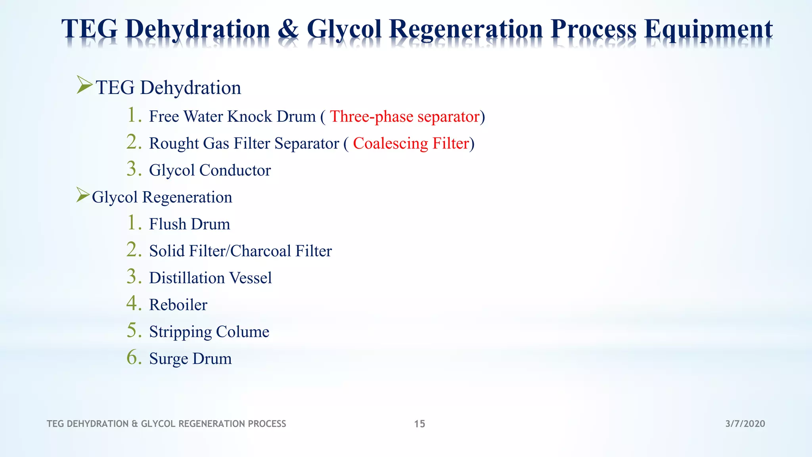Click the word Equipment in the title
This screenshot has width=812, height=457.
point(708,29)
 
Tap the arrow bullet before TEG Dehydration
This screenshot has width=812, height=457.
point(84,85)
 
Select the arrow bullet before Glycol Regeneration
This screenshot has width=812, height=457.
point(83,195)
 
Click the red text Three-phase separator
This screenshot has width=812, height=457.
point(405,117)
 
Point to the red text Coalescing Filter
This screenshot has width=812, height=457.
point(411,144)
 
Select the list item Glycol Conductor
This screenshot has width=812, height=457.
point(210,171)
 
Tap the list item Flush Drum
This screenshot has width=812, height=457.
point(189,224)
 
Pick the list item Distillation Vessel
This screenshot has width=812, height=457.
point(210,278)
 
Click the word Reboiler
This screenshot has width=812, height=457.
point(178,305)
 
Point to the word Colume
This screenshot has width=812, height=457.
point(243,332)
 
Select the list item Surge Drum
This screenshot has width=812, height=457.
point(190,359)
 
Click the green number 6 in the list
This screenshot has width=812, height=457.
point(134,357)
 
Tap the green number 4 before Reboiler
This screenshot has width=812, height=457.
point(134,303)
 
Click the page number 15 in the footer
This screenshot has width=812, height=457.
point(419,424)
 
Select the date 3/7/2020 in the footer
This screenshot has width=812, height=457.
point(745,424)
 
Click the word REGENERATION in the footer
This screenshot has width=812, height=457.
point(212,424)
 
